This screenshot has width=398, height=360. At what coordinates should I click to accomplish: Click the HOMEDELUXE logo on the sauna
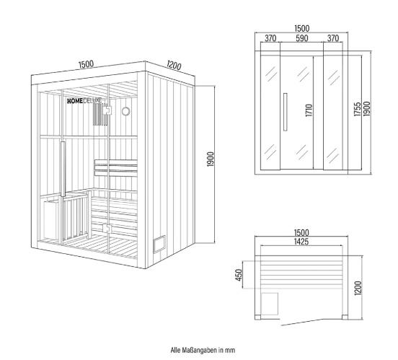(84, 101)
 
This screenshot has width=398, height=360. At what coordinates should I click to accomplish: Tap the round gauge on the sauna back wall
(125, 111)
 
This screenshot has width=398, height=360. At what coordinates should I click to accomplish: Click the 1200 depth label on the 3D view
(174, 65)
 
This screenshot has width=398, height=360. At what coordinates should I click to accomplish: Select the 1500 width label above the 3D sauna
(86, 64)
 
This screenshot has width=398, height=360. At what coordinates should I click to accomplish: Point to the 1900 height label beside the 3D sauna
(211, 159)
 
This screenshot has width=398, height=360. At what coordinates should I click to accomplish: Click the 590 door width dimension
(302, 38)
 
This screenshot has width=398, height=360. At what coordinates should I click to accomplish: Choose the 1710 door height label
(309, 110)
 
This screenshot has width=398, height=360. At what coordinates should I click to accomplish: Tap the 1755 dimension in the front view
(358, 109)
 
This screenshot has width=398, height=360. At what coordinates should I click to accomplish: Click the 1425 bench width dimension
(301, 242)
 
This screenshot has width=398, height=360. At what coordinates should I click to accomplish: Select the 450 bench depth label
(239, 275)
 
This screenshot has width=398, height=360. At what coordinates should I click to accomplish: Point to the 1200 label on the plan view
(358, 288)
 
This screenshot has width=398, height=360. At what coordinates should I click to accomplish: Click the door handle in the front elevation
(286, 112)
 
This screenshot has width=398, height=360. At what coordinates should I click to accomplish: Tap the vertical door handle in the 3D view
(63, 169)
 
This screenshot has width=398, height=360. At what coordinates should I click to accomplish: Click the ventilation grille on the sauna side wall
(159, 244)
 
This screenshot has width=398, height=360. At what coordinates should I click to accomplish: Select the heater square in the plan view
(270, 304)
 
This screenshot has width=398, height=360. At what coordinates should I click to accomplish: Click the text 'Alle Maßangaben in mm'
(203, 350)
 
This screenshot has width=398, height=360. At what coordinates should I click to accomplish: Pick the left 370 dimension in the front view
(270, 38)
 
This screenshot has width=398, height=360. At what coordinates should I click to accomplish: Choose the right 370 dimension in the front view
(333, 38)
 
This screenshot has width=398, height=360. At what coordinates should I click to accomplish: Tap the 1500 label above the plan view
(301, 233)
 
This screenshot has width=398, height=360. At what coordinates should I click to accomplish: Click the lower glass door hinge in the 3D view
(107, 228)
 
